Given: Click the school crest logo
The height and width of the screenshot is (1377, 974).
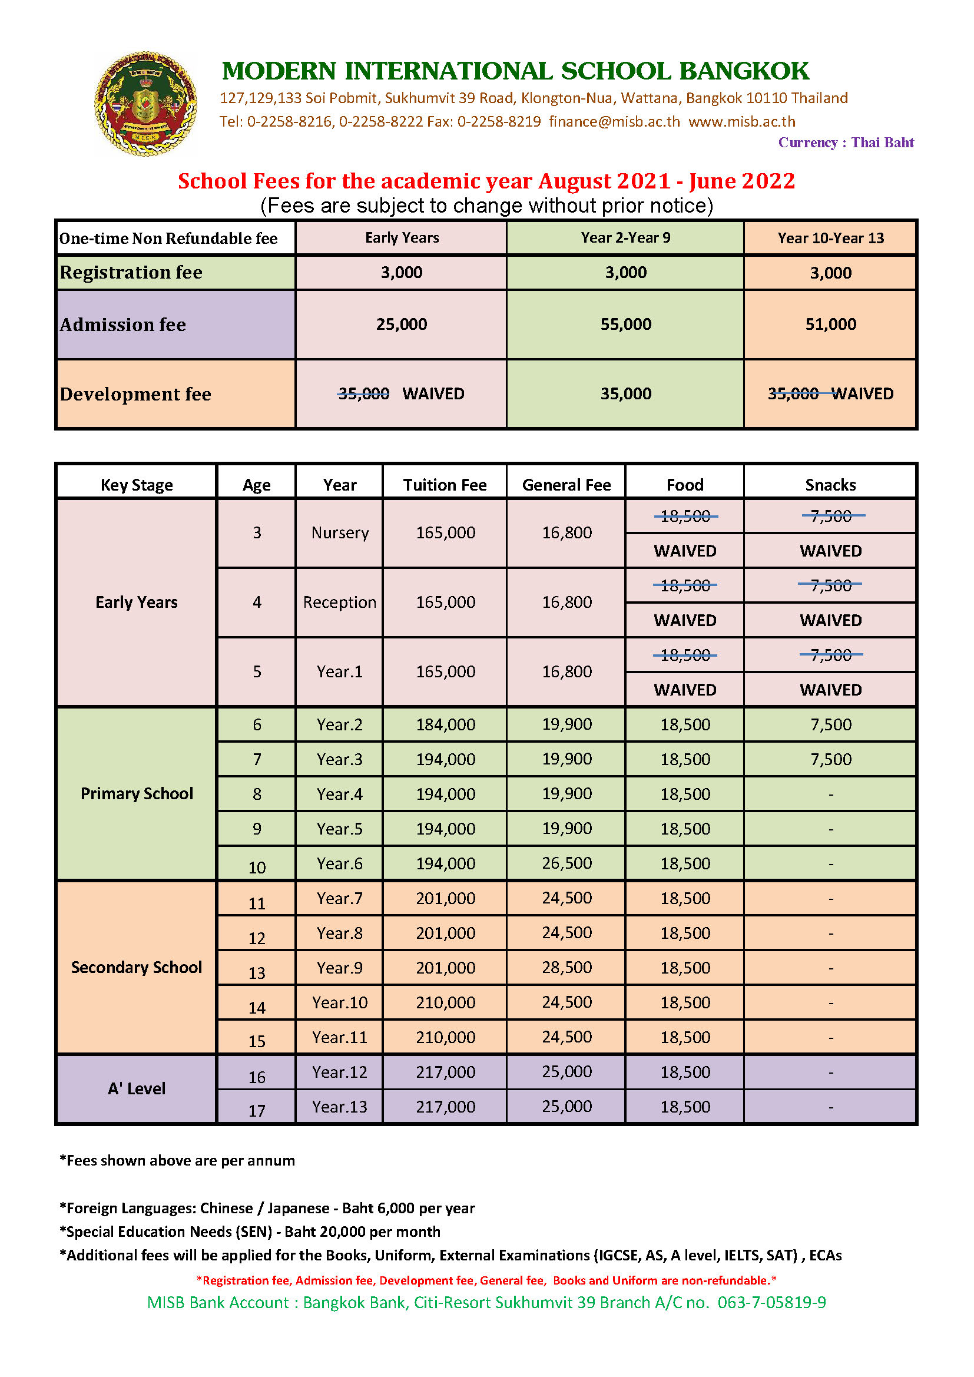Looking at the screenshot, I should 145,104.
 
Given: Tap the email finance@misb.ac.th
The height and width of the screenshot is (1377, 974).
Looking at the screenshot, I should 614,122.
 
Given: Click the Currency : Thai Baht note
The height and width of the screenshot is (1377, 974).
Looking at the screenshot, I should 846,143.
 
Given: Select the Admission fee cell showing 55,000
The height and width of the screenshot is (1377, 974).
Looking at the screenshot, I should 625,325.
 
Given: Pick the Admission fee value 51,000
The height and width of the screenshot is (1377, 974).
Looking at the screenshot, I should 831,325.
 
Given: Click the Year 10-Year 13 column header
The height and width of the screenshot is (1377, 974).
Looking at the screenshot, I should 831,238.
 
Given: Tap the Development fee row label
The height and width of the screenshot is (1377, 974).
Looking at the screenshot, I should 135,394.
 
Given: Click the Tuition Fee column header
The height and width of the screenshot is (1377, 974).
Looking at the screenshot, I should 445,485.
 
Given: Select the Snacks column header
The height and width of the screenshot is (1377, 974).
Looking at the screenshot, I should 831,485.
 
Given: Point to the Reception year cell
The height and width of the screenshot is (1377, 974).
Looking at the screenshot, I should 339,602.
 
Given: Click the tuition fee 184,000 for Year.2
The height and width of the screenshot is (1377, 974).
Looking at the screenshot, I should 445,724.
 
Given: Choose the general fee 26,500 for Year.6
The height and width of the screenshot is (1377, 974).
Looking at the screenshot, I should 566,863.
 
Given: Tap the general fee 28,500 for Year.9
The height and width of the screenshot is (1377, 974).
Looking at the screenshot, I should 566,968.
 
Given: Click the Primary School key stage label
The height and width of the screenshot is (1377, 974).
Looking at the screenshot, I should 137,793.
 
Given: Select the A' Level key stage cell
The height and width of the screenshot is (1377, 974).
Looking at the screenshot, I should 137,1088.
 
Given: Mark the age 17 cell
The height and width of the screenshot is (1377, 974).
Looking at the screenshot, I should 257,1111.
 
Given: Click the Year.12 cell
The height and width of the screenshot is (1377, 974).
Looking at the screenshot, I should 339,1072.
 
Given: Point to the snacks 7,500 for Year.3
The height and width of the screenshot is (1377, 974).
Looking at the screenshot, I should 831,759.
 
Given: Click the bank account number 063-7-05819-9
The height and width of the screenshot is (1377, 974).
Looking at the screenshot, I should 771,1303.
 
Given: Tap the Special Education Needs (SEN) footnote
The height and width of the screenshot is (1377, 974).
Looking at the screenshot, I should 250,1232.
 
